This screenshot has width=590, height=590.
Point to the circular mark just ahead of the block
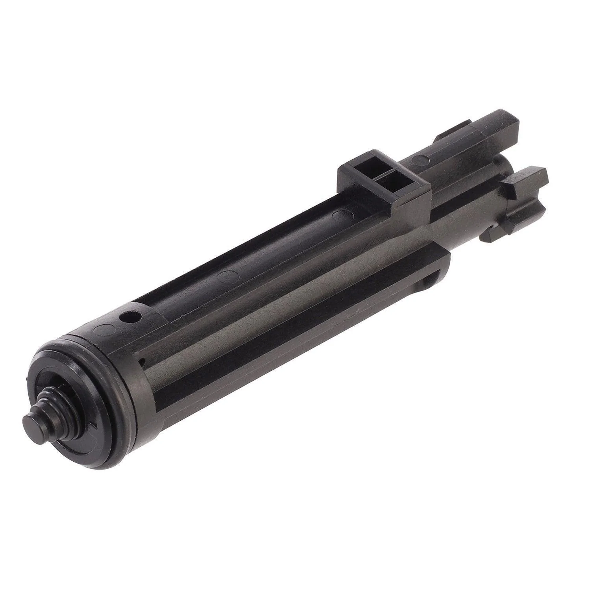(419, 159)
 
